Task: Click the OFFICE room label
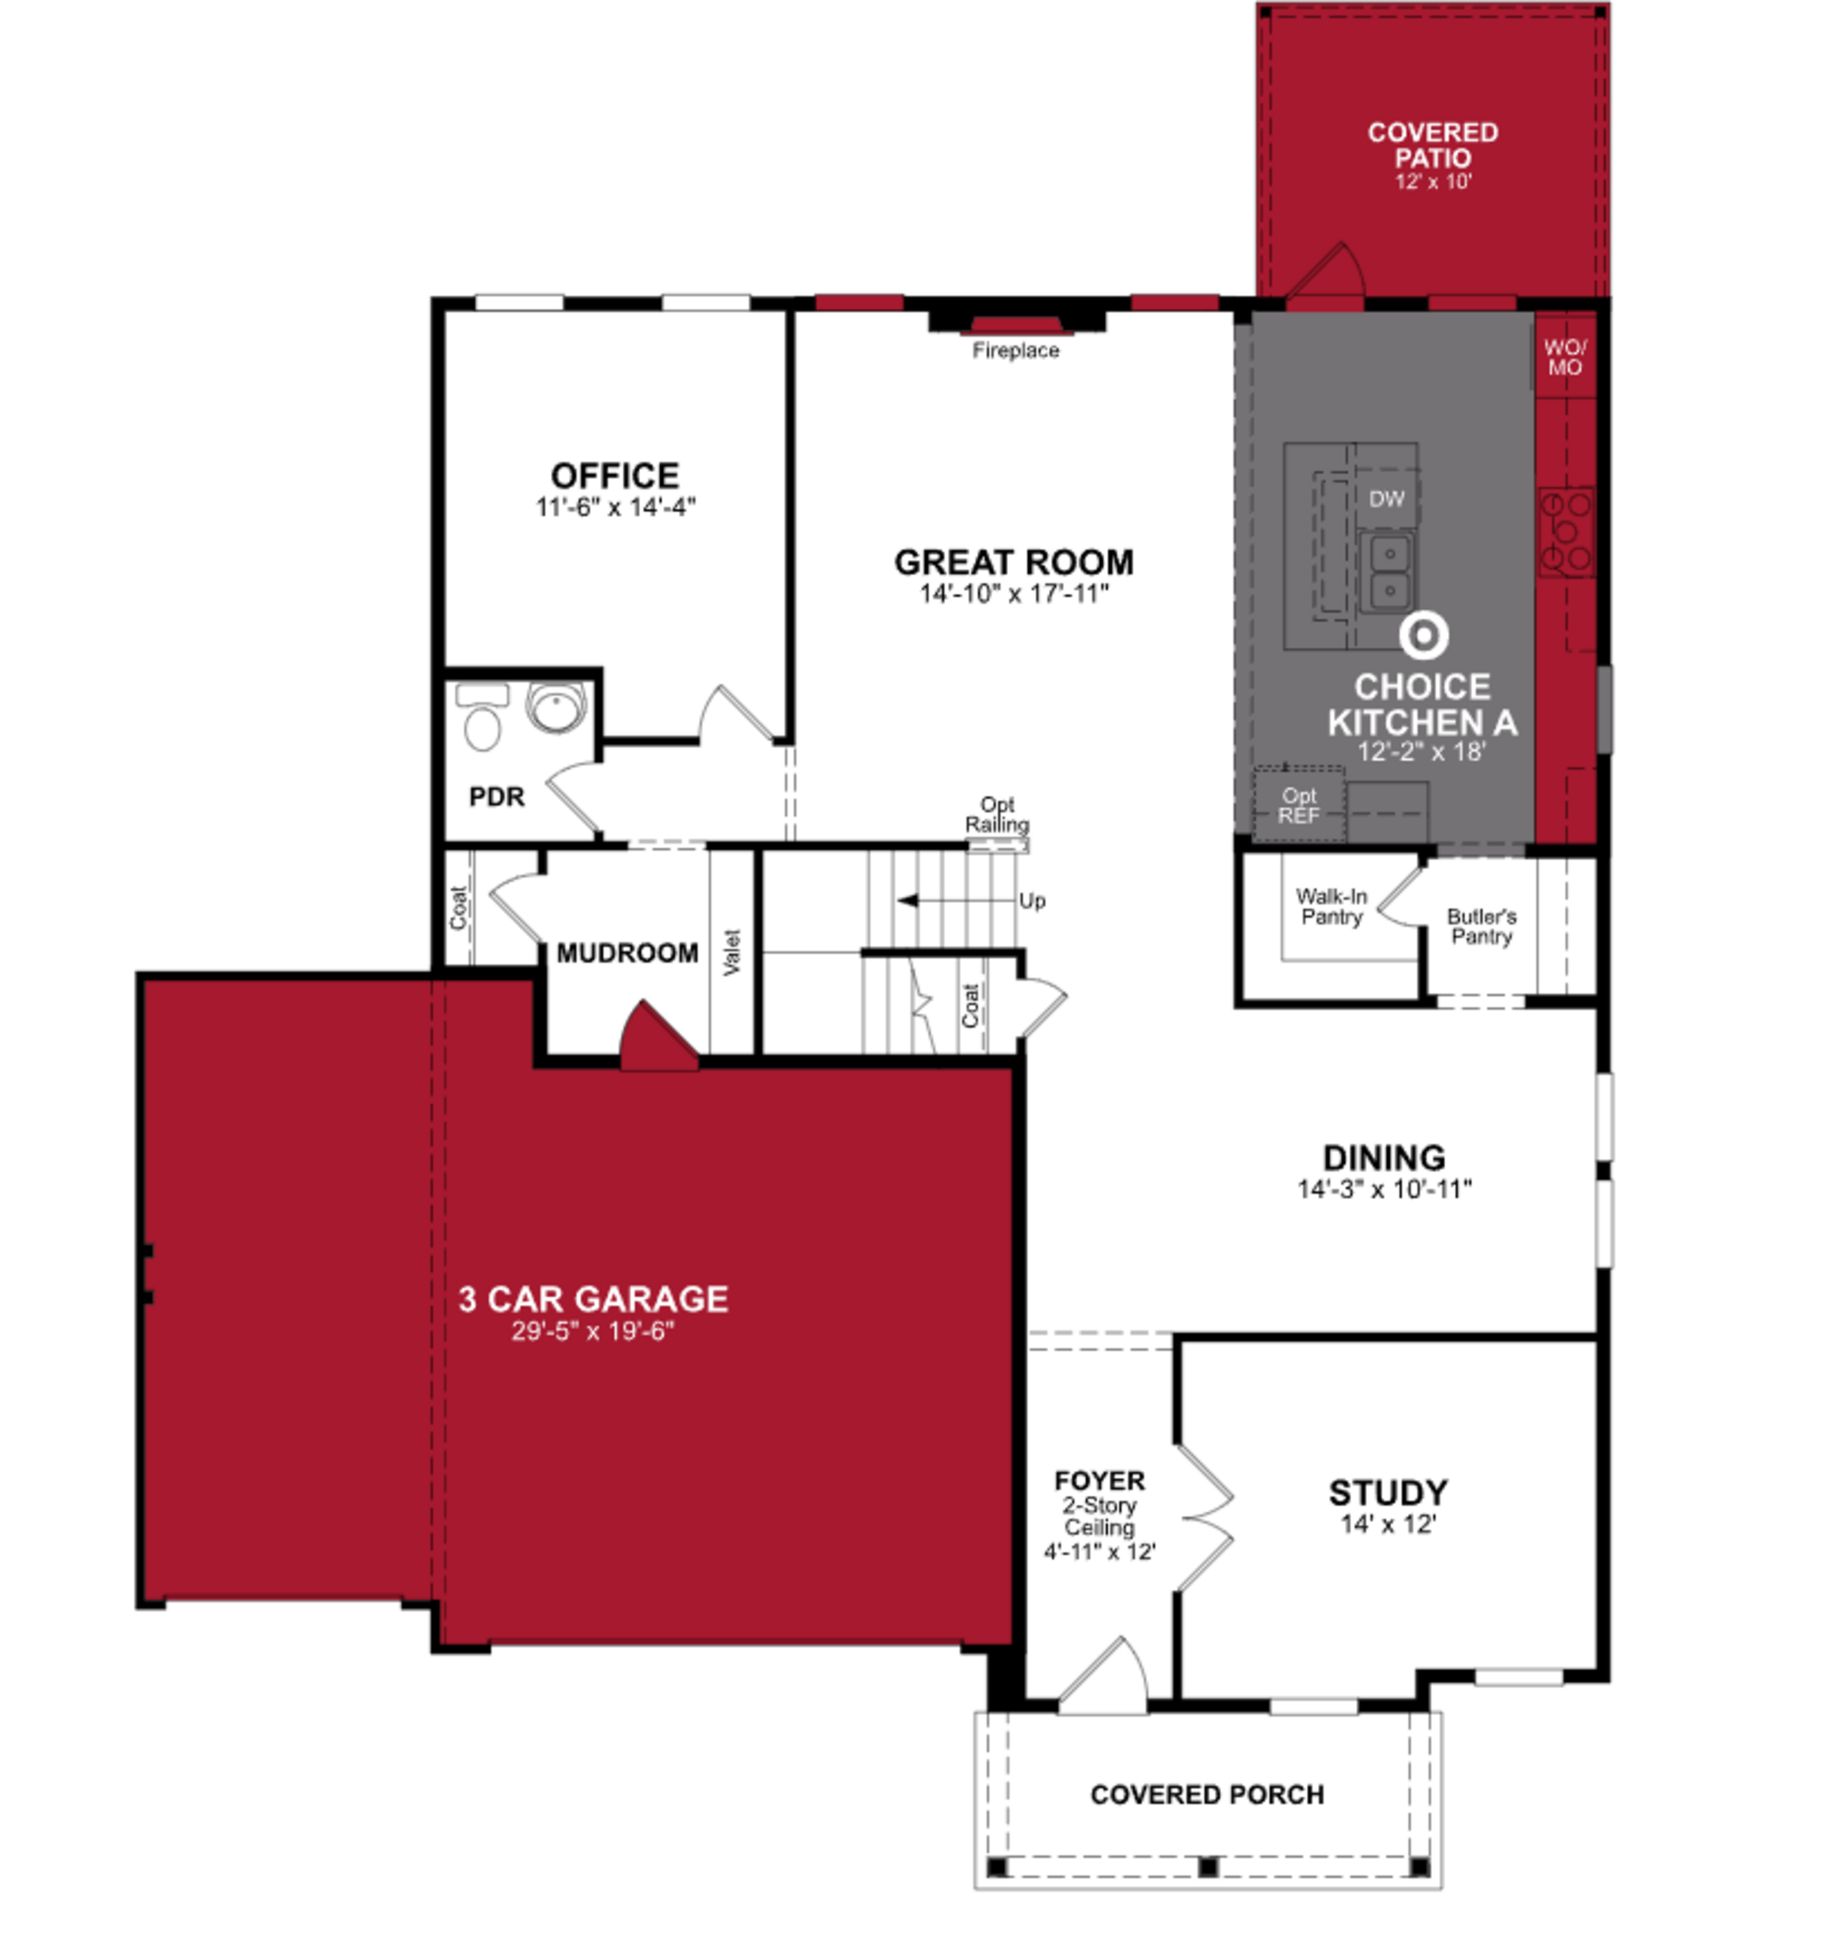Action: click(x=615, y=476)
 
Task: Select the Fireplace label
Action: click(x=1015, y=350)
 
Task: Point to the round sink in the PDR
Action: click(x=556, y=706)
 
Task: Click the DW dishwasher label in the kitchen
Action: click(x=1386, y=499)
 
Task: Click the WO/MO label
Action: click(x=1565, y=358)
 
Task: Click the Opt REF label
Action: click(x=1298, y=805)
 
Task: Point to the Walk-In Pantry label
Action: click(x=1331, y=906)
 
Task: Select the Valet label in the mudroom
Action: click(x=731, y=951)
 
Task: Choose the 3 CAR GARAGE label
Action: click(x=593, y=1299)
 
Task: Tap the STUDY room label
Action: click(x=1387, y=1492)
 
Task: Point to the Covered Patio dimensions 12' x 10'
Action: click(x=1433, y=181)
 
